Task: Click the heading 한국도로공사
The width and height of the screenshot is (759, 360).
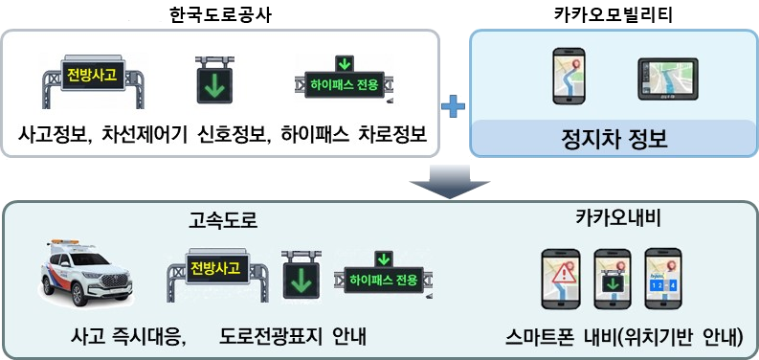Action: (220, 16)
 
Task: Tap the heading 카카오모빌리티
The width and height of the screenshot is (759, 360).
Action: (613, 15)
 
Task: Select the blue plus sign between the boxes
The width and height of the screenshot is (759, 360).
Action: (454, 106)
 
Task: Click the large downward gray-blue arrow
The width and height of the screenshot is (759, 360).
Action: (450, 181)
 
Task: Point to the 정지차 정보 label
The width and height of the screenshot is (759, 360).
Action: (614, 139)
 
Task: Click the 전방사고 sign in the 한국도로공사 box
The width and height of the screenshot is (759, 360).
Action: (93, 81)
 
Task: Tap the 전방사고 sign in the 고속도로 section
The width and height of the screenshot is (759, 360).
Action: (217, 275)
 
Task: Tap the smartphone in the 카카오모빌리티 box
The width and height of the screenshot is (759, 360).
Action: (569, 76)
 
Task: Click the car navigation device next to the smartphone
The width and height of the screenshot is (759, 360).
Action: (668, 79)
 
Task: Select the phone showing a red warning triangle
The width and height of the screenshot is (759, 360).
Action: (561, 280)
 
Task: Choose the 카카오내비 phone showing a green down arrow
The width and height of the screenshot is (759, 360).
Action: (613, 280)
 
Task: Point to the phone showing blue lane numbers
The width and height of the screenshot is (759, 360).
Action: (663, 280)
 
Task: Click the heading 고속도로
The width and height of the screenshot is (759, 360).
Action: (223, 221)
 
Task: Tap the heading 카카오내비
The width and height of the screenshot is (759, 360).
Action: (617, 219)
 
